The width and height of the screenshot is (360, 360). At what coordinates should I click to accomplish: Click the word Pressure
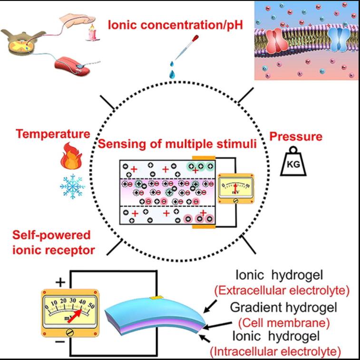[296, 137]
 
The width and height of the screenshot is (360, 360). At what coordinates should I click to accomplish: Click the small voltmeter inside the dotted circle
[235, 188]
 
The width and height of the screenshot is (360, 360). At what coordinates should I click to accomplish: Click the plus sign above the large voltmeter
[61, 283]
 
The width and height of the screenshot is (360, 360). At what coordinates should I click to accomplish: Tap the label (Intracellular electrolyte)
[276, 352]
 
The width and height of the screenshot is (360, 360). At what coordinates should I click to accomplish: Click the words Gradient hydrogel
[284, 307]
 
